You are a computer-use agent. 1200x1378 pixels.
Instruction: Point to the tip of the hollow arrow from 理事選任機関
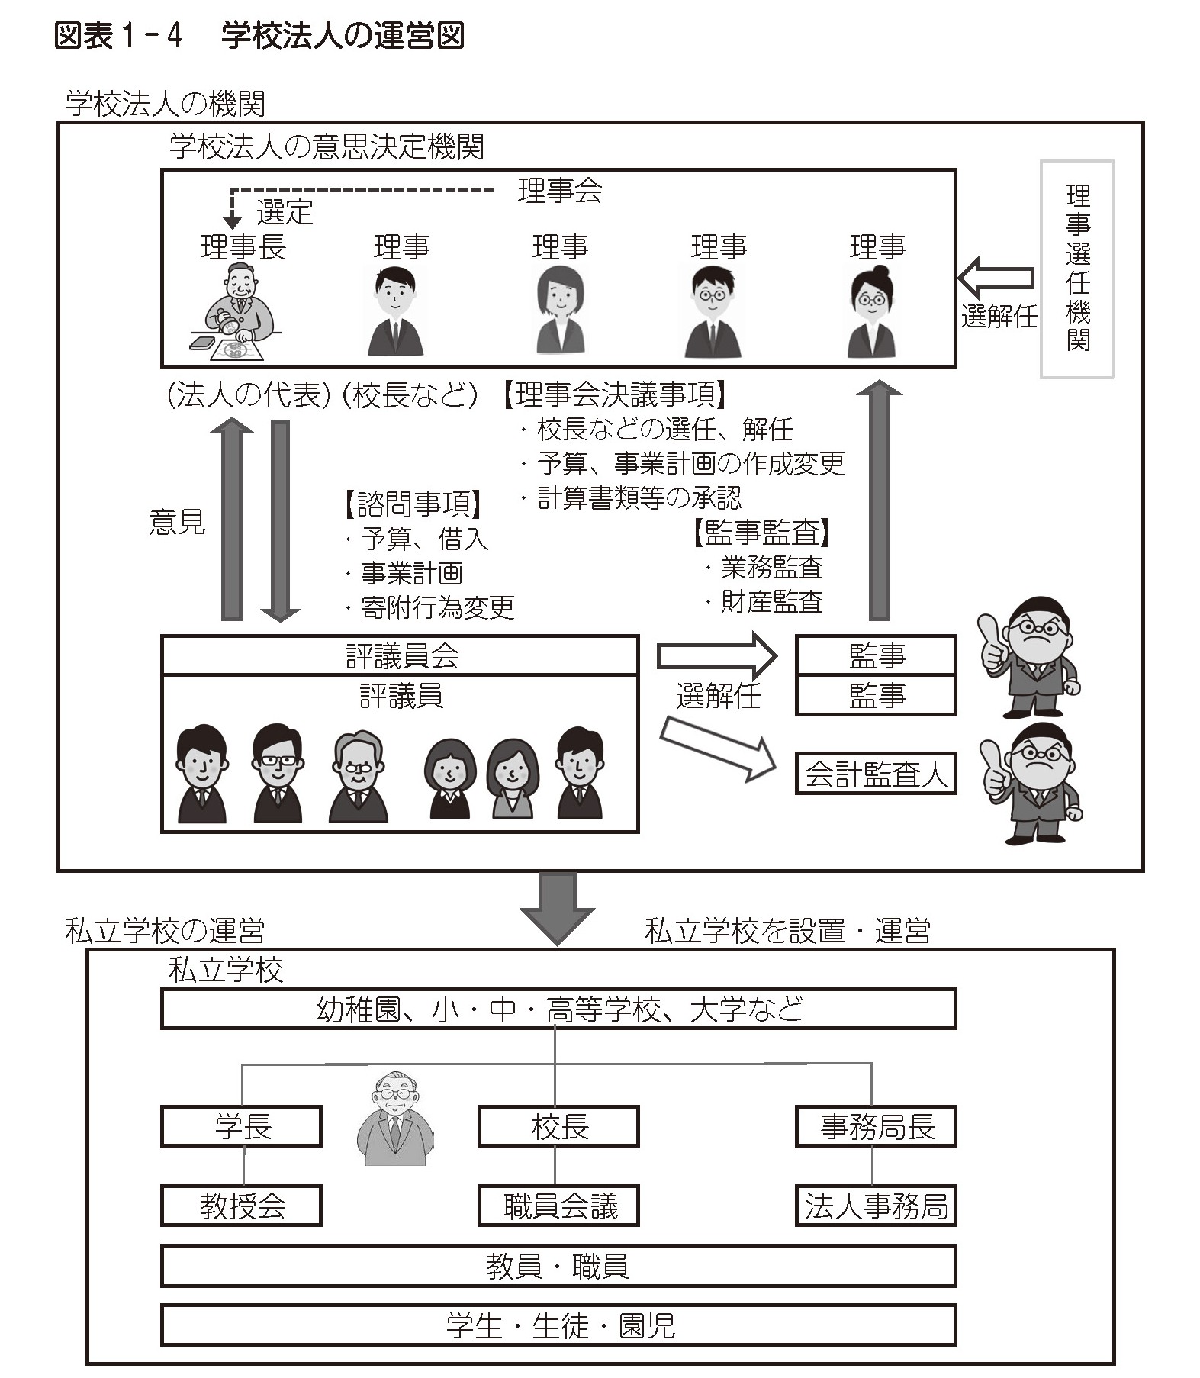click(x=959, y=278)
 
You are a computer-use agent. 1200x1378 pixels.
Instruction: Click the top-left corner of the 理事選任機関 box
click(x=1042, y=161)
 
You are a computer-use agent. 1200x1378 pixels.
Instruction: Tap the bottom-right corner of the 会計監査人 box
click(x=956, y=794)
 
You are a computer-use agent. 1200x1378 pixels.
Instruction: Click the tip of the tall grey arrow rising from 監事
click(x=879, y=381)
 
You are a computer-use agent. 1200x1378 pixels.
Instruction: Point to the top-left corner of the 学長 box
click(x=162, y=1107)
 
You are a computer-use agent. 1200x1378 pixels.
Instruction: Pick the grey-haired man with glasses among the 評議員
click(x=357, y=776)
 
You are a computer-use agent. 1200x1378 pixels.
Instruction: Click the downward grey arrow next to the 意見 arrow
click(x=280, y=521)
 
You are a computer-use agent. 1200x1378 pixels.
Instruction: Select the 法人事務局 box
click(x=876, y=1206)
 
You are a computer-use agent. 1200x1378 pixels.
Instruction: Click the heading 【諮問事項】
click(x=413, y=504)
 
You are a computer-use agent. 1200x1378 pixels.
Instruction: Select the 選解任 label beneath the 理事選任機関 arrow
click(x=999, y=315)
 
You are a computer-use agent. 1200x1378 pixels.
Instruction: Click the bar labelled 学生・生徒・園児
click(x=558, y=1325)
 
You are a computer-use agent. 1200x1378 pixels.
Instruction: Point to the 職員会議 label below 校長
click(x=561, y=1206)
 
